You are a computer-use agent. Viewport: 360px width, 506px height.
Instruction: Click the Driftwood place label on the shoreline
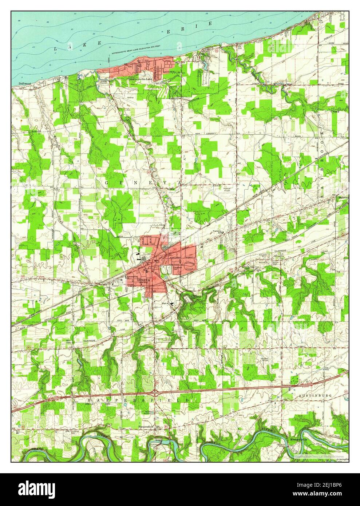click(25, 83)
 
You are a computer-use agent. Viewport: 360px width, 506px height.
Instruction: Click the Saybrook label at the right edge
click(343, 197)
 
